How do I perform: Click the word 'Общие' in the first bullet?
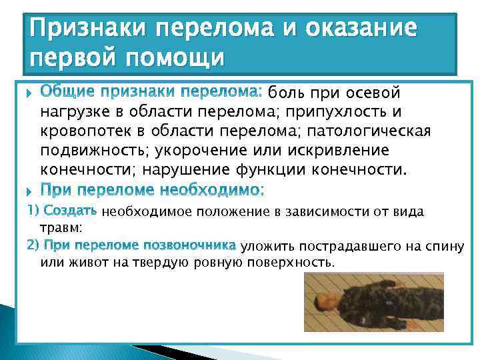tap(65, 91)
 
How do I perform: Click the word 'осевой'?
tap(375, 91)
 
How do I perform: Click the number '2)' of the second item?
tap(33, 245)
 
